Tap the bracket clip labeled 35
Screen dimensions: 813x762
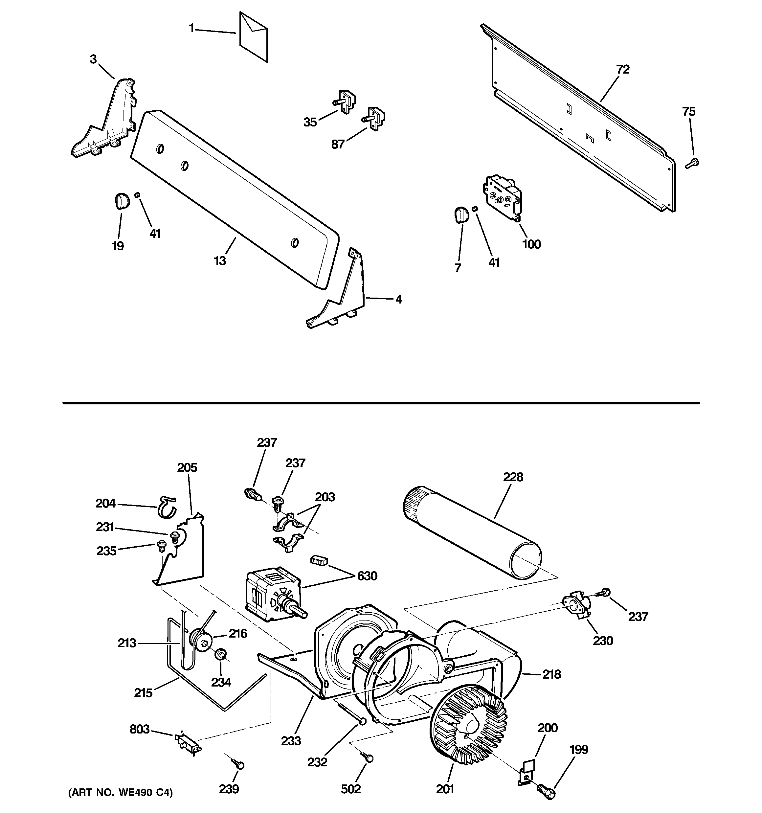pyautogui.click(x=345, y=102)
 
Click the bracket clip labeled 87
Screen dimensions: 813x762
pyautogui.click(x=374, y=119)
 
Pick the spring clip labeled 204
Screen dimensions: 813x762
pyautogui.click(x=166, y=507)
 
